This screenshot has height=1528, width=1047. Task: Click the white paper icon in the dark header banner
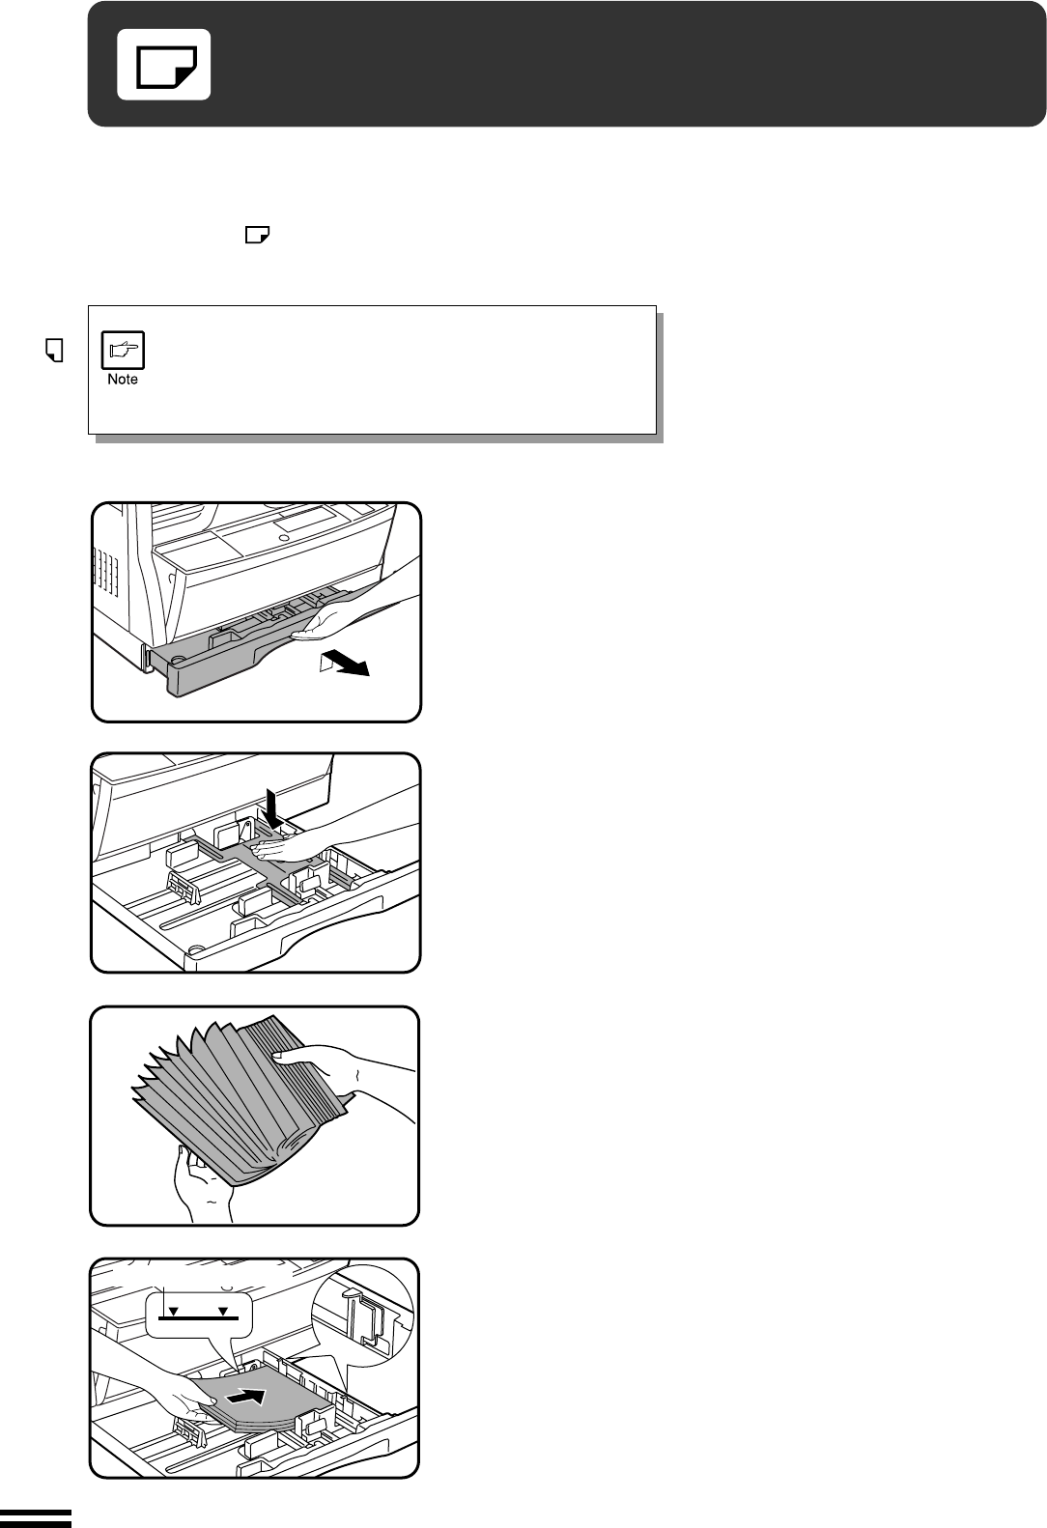coord(163,65)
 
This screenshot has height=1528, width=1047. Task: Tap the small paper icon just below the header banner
coord(257,236)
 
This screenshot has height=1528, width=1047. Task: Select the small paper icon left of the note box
coord(54,350)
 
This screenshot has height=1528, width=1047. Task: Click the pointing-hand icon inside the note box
coord(123,350)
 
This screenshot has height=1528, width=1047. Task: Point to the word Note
coord(123,380)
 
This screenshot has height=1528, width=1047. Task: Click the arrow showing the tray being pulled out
coord(345,663)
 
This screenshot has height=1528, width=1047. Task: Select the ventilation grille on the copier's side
coord(105,573)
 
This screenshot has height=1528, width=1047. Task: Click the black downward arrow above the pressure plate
coord(273,809)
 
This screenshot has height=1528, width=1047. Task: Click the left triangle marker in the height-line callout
coord(174,1311)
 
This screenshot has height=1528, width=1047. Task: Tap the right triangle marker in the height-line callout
coord(223,1311)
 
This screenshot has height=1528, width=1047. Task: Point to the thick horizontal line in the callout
coord(199,1318)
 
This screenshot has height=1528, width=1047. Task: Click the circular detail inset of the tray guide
coord(362,1316)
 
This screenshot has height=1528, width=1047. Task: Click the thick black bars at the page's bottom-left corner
coord(36,1518)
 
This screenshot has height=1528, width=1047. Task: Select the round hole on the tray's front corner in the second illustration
coord(196,949)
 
